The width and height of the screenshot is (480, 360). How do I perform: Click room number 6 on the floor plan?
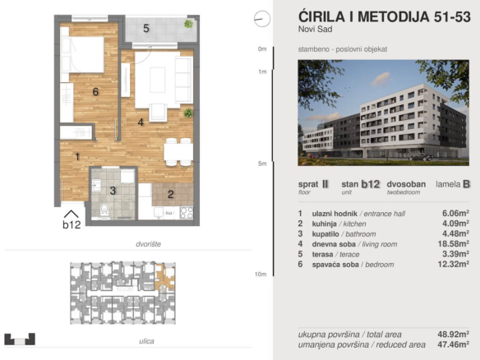(95, 91)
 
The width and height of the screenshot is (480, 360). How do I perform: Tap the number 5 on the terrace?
(146, 29)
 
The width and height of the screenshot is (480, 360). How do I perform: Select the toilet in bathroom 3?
(104, 210)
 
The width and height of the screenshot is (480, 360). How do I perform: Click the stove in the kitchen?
(187, 212)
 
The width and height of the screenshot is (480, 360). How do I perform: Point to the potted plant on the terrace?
(188, 24)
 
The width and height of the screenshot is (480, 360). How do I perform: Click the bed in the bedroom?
(82, 55)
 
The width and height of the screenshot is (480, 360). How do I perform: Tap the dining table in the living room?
(178, 152)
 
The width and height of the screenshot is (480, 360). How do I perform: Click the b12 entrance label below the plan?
(72, 224)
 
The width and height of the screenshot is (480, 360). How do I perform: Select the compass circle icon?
(262, 19)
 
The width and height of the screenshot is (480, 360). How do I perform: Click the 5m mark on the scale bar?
(262, 164)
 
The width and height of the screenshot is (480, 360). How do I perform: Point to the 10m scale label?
(261, 274)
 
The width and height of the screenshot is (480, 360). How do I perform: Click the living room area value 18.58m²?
(454, 243)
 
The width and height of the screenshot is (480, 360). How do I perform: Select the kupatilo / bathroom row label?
(344, 234)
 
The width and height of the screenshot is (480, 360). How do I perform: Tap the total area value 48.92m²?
(454, 334)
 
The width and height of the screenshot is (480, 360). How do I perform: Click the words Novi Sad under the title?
(316, 30)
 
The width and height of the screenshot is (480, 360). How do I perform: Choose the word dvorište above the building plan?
(149, 244)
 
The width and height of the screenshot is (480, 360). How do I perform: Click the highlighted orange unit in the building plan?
(164, 277)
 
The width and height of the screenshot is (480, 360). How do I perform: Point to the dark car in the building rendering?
(421, 157)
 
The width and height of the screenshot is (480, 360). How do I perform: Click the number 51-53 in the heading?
(452, 16)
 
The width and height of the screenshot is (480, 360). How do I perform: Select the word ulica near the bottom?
(146, 341)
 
